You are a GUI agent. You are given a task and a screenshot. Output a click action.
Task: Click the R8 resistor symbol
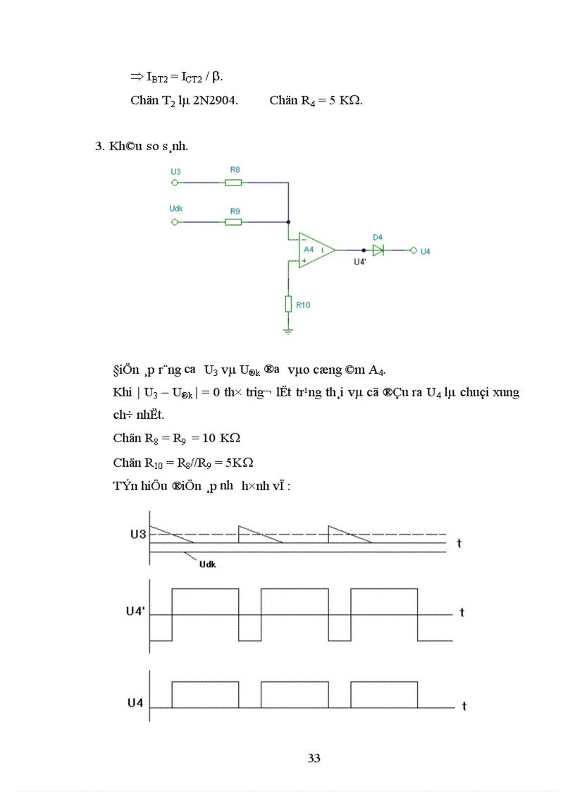click(233, 183)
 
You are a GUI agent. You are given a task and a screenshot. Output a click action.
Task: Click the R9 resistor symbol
click(233, 221)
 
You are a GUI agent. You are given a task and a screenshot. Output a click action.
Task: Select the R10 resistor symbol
click(288, 303)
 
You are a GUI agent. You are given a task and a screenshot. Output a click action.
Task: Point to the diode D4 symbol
click(378, 250)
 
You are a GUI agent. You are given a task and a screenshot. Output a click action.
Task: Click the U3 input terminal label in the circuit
click(175, 171)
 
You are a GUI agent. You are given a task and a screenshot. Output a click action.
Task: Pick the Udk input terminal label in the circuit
click(177, 209)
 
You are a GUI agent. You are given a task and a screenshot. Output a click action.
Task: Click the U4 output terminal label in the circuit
click(425, 251)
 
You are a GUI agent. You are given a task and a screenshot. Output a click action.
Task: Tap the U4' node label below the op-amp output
click(360, 262)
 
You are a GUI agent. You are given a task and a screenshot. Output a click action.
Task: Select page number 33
click(314, 758)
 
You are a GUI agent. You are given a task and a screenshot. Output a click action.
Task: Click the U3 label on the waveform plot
click(137, 534)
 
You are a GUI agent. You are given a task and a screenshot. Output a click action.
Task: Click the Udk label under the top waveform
click(208, 564)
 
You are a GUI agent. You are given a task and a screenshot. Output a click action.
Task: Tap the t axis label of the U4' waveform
click(462, 612)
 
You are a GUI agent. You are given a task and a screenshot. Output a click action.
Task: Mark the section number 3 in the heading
click(99, 146)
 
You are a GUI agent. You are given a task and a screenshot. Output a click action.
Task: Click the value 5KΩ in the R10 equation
click(238, 463)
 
